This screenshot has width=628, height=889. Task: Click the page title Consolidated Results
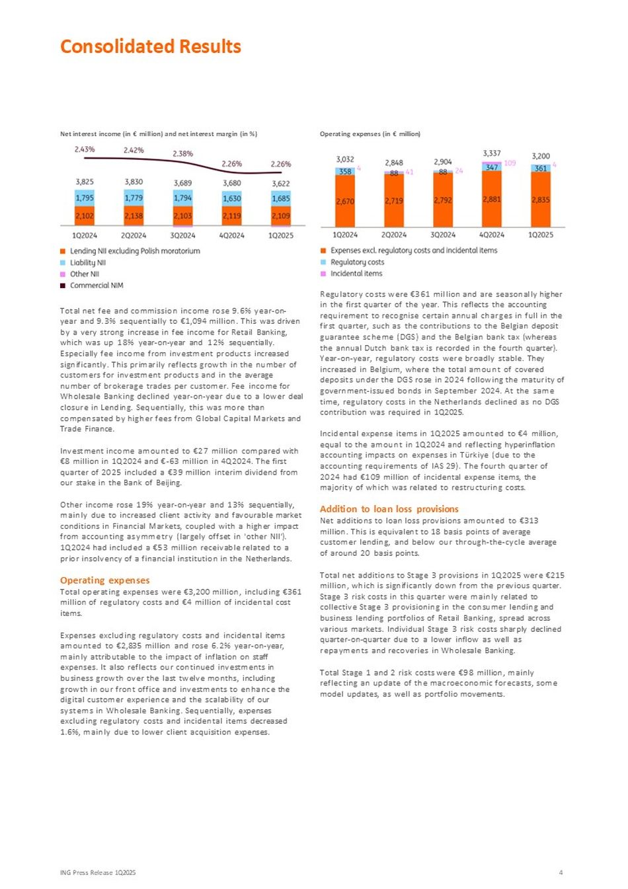click(x=151, y=46)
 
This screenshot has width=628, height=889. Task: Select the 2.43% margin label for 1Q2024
click(x=85, y=149)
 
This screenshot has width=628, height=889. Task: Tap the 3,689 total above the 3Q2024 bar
click(x=182, y=183)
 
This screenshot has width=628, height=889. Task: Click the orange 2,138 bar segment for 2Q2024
click(x=134, y=215)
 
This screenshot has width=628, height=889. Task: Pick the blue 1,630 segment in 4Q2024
click(x=231, y=198)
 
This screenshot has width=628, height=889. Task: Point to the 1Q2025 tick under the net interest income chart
click(x=281, y=235)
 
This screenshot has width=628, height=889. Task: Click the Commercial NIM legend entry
click(x=97, y=286)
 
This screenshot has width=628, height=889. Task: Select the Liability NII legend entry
click(x=88, y=262)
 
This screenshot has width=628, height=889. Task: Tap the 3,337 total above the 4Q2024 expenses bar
click(x=492, y=153)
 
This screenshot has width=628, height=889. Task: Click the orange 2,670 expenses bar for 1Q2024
click(x=345, y=202)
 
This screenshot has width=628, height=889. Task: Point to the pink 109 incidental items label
click(x=510, y=163)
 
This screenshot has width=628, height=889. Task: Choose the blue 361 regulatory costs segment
click(x=541, y=168)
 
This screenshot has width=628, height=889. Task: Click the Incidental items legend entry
click(x=356, y=274)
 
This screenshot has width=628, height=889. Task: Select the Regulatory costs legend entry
click(x=357, y=262)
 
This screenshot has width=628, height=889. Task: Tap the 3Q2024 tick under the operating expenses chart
click(x=443, y=235)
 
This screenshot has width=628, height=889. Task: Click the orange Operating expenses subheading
click(x=105, y=580)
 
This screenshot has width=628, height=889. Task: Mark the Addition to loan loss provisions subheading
click(x=389, y=509)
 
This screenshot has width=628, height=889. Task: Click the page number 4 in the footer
click(x=561, y=872)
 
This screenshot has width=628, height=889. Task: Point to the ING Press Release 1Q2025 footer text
click(x=98, y=872)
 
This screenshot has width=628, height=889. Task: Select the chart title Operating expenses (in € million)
click(x=370, y=134)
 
